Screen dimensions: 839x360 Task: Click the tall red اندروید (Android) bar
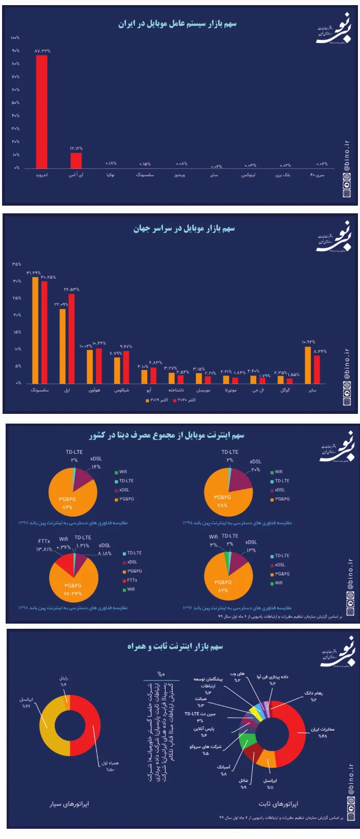pyautogui.click(x=41, y=112)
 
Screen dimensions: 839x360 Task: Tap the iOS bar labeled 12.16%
pyautogui.click(x=76, y=160)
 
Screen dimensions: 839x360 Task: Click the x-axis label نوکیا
pyautogui.click(x=110, y=175)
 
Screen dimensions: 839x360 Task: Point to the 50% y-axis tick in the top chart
pyautogui.click(x=16, y=103)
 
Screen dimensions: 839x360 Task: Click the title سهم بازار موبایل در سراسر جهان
pyautogui.click(x=184, y=229)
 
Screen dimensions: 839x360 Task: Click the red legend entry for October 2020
pyautogui.click(x=185, y=400)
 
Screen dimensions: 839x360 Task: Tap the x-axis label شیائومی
pyautogui.click(x=122, y=390)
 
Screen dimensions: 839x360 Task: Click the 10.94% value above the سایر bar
pyautogui.click(x=308, y=342)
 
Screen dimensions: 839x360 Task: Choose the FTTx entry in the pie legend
pyautogui.click(x=132, y=580)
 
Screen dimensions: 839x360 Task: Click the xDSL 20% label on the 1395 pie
pyautogui.click(x=255, y=470)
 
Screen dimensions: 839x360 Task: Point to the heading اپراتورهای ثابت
pyautogui.click(x=279, y=804)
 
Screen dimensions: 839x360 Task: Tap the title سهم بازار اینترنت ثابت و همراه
pyautogui.click(x=175, y=647)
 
